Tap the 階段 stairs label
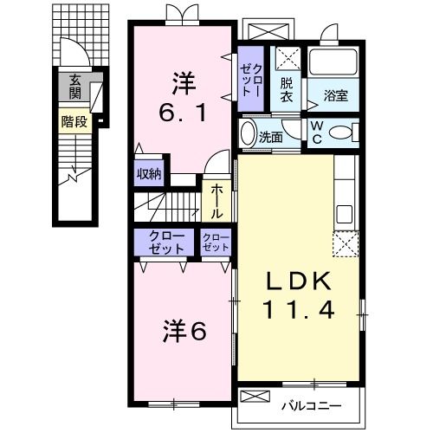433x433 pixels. (74, 121)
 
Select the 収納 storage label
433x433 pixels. (149, 173)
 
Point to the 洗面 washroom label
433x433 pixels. (270, 136)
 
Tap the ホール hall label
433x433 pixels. (216, 200)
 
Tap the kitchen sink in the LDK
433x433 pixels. (345, 214)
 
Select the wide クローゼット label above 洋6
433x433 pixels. (165, 242)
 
